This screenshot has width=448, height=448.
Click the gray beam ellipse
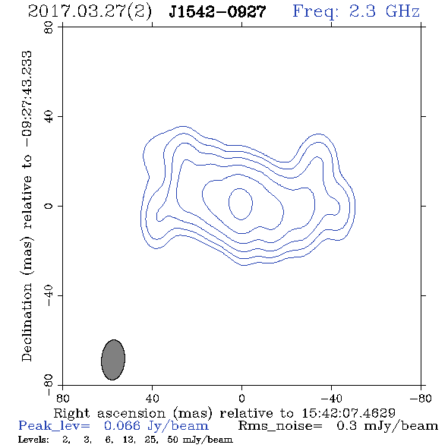click(x=113, y=360)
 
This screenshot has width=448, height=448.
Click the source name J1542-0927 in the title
click(x=217, y=12)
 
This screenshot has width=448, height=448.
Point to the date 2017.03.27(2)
click(x=90, y=12)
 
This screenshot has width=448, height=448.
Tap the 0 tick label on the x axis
click(x=241, y=399)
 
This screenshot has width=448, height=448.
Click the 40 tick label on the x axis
click(x=152, y=399)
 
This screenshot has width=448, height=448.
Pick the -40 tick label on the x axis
click(x=331, y=399)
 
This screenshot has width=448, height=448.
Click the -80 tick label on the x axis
click(x=421, y=399)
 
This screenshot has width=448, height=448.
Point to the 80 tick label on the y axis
click(x=49, y=27)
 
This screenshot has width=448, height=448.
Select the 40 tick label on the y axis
click(x=49, y=117)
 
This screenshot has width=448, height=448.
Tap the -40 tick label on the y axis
click(x=49, y=295)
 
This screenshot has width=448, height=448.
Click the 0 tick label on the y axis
click(x=49, y=206)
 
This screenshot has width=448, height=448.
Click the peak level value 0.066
click(x=122, y=426)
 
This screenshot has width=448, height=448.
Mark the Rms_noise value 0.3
click(x=346, y=426)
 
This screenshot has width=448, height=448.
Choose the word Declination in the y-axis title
click(x=27, y=322)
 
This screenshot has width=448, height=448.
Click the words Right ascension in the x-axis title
click(x=109, y=413)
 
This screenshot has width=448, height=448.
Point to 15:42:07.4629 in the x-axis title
click(x=349, y=413)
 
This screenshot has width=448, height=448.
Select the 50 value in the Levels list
click(x=172, y=439)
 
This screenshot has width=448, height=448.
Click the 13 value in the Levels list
click(x=127, y=439)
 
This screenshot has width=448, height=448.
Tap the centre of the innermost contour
click(x=241, y=204)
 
